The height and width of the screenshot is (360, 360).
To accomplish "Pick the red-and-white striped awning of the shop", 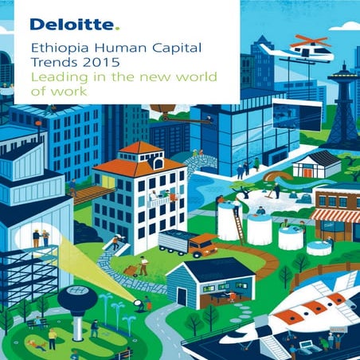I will (x=335, y=214).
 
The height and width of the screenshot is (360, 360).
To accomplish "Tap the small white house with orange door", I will (x=317, y=166).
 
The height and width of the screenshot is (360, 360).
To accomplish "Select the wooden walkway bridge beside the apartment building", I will (x=88, y=194).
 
